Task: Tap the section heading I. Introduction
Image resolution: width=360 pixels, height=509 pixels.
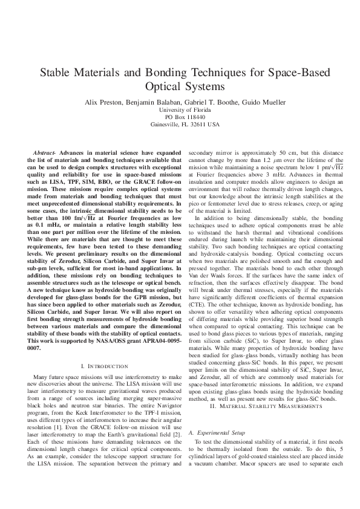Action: click(x=104, y=366)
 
